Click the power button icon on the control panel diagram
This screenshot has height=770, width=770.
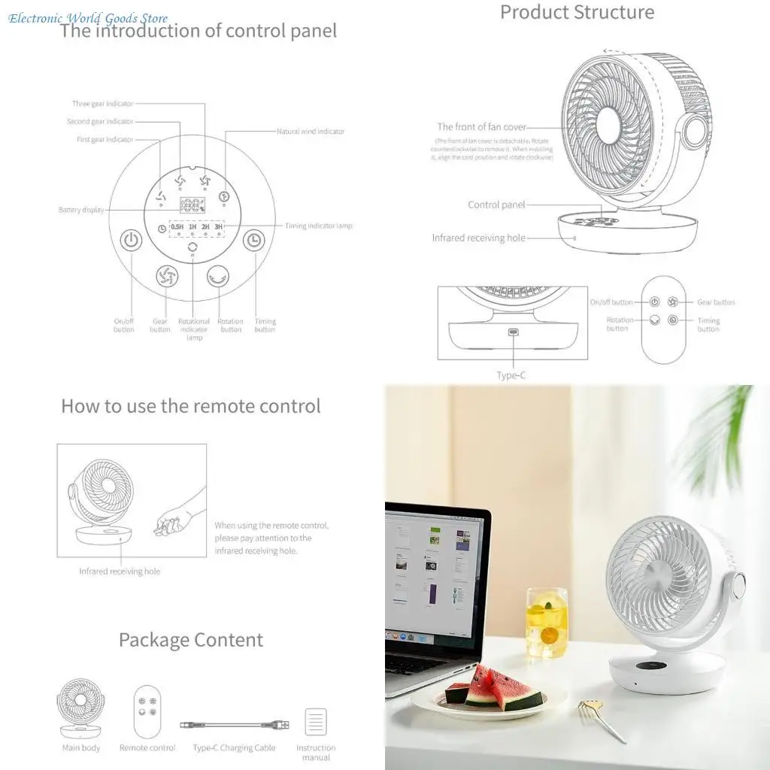(132, 241)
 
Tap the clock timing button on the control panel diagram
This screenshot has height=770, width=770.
(254, 241)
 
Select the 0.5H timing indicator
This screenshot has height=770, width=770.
(177, 226)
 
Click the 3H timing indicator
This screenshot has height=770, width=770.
(218, 226)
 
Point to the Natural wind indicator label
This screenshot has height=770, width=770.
(311, 132)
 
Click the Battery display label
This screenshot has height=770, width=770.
(81, 211)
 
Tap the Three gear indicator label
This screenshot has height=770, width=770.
(103, 104)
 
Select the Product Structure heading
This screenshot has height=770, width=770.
(577, 12)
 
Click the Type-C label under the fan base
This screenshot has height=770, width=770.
(511, 375)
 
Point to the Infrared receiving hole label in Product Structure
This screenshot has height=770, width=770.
(478, 238)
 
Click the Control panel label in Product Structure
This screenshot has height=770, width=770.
(496, 205)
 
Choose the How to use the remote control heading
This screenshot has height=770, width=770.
(190, 406)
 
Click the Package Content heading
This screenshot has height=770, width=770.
(191, 640)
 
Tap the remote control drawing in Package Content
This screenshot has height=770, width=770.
(147, 711)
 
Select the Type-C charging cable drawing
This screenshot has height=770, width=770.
(234, 725)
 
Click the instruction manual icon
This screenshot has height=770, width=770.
(316, 722)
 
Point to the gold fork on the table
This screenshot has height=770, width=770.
(599, 717)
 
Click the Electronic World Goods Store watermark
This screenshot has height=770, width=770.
(88, 18)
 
